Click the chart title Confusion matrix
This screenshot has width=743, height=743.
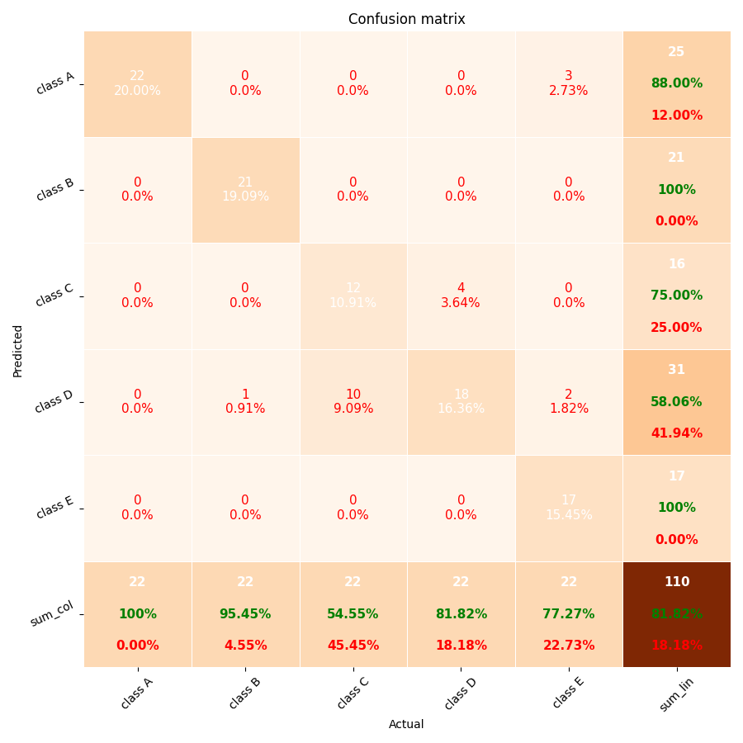[406, 19]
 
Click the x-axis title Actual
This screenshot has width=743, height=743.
[406, 724]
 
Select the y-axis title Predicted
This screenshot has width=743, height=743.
[18, 350]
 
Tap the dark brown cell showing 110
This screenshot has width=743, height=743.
[676, 614]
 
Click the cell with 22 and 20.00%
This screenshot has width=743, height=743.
[137, 83]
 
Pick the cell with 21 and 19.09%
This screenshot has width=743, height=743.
[245, 190]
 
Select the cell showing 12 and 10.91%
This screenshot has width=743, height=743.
[353, 296]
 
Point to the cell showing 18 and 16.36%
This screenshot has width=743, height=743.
[461, 402]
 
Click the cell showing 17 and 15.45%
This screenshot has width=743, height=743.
[569, 508]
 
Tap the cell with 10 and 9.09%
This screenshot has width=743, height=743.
[353, 402]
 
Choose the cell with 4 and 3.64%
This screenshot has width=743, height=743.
[461, 296]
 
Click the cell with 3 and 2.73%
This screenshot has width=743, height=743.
[569, 83]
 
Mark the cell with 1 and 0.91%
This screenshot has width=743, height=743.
[245, 402]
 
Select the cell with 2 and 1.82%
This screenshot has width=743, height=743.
[569, 402]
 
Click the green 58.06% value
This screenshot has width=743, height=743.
[676, 402]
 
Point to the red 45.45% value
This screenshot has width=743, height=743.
[353, 646]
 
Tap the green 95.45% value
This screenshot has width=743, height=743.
[245, 614]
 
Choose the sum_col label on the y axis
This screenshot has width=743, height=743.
[52, 614]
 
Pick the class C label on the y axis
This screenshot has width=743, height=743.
[54, 296]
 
